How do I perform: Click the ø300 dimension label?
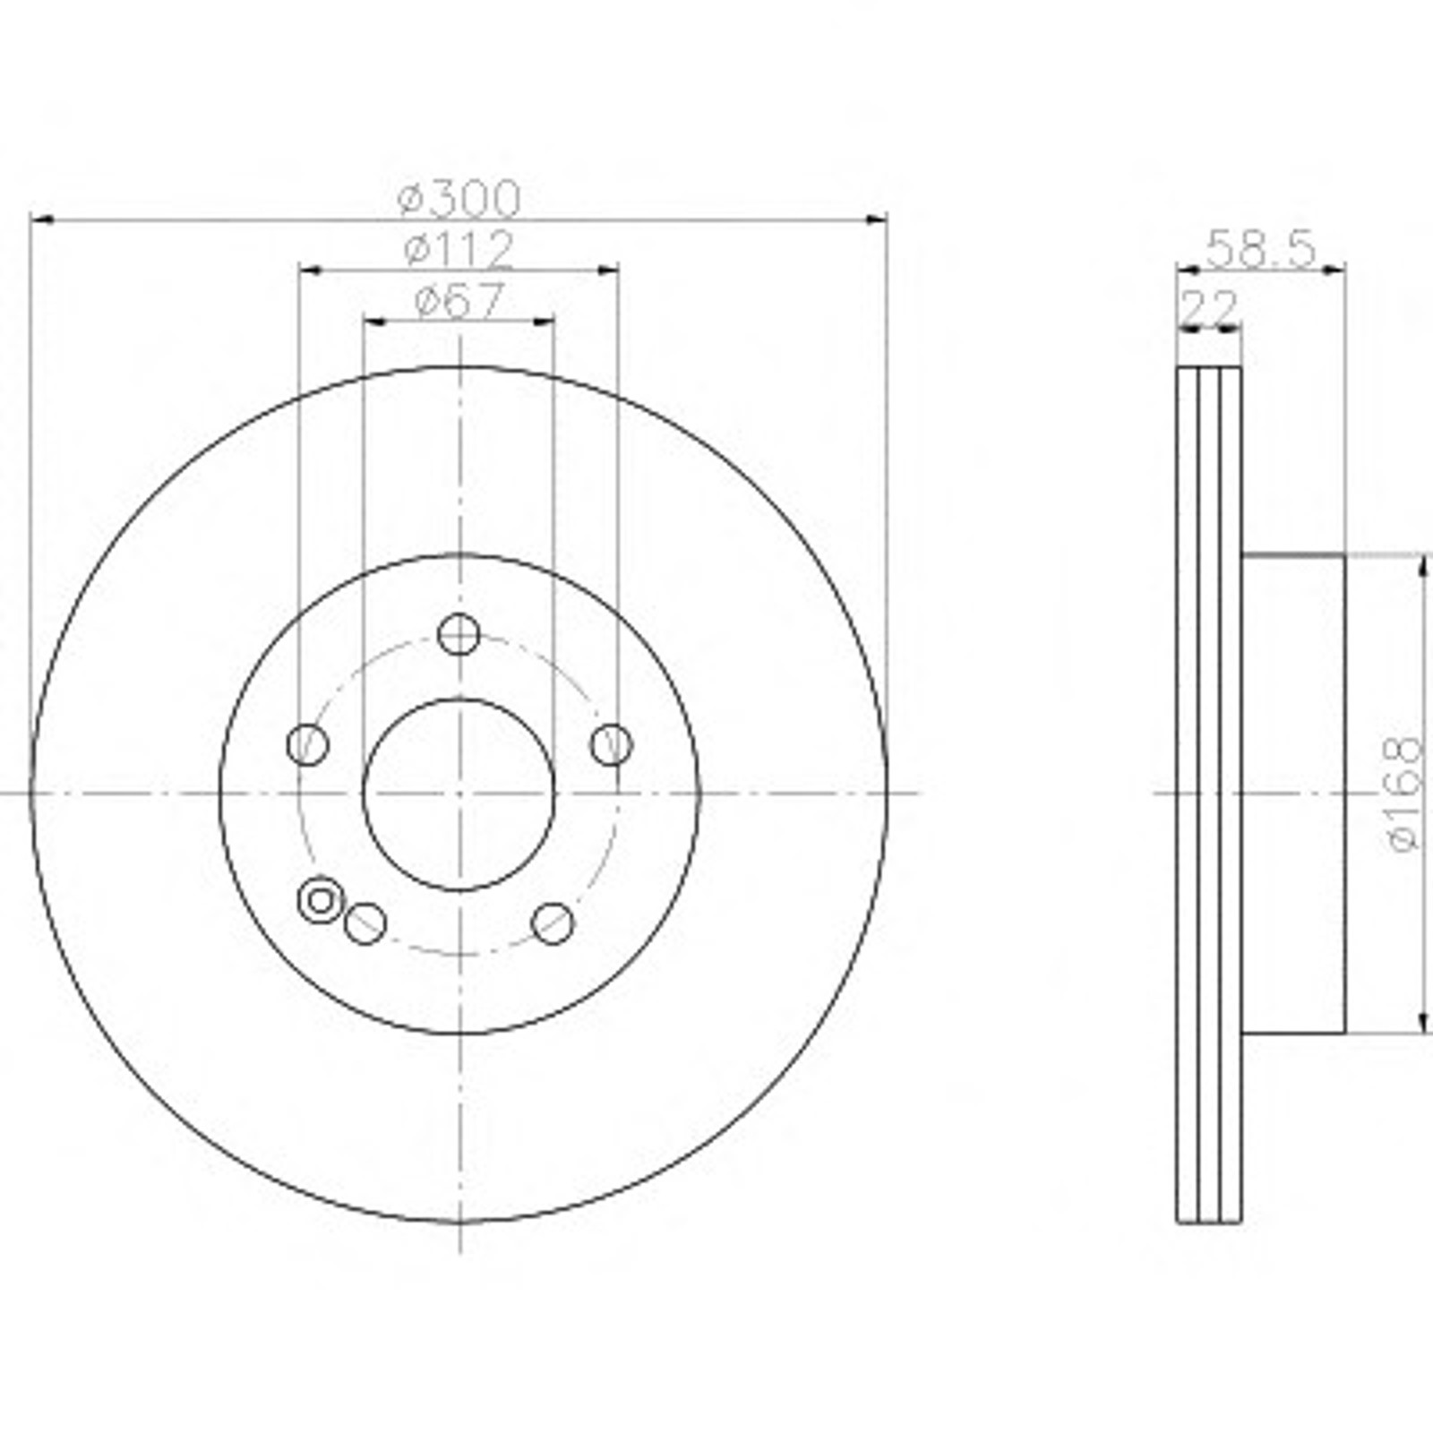tap(459, 199)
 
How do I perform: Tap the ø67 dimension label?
tap(459, 301)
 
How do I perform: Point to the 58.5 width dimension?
tap(1261, 249)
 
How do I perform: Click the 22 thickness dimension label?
tap(1209, 308)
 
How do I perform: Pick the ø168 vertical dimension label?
tap(1403, 794)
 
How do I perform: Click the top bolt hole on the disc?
tap(459, 635)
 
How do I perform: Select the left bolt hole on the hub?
tap(307, 744)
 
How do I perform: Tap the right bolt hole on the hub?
tap(612, 744)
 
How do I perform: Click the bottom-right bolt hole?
tap(553, 923)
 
